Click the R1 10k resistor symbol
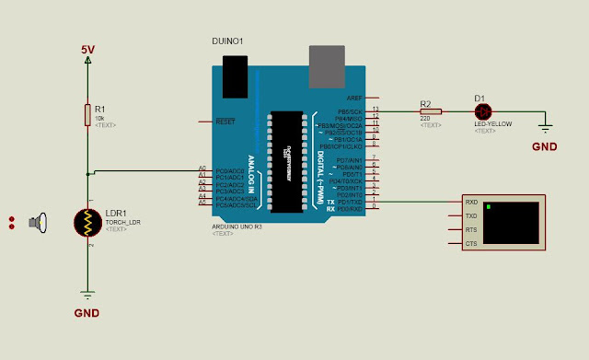click(x=87, y=114)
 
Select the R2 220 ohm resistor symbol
click(x=430, y=111)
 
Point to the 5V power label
click(x=87, y=48)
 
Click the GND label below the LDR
click(x=87, y=312)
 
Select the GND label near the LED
click(x=545, y=145)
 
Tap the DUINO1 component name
click(x=226, y=42)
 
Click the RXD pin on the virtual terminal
click(x=471, y=202)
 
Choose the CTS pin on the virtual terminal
click(x=471, y=244)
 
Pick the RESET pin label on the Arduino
click(x=225, y=122)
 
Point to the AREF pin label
click(x=354, y=98)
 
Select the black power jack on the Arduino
click(x=236, y=72)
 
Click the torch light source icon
click(x=38, y=222)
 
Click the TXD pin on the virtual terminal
click(x=471, y=215)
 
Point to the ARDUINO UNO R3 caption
click(x=237, y=226)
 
